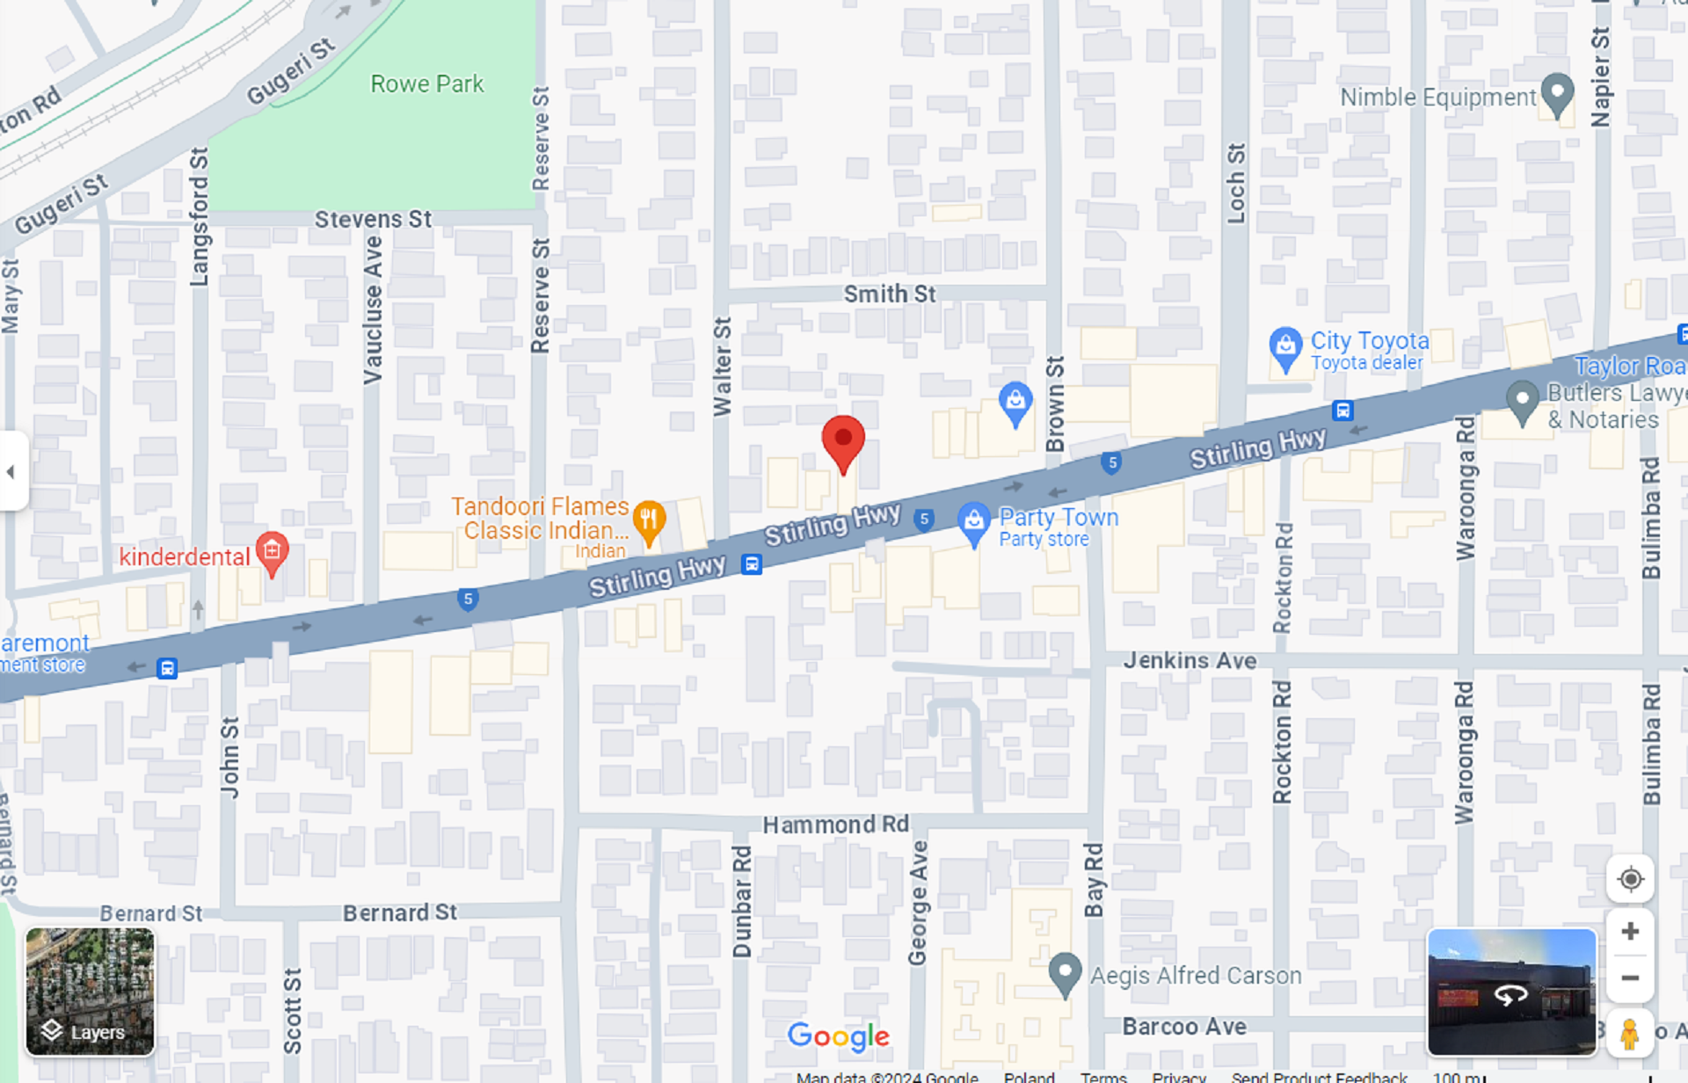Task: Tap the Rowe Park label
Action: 426,84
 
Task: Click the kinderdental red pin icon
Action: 273,552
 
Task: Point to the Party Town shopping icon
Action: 973,521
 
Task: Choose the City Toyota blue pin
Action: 1285,346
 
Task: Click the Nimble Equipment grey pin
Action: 1558,92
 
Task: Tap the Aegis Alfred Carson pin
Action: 1065,972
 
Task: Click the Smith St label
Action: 890,294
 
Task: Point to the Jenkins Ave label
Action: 1190,660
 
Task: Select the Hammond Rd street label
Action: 835,825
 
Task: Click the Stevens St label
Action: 373,219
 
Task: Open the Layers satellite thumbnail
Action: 90,991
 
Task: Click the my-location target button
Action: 1630,879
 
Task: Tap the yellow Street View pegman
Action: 1629,1034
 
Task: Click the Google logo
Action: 838,1036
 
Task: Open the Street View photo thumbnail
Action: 1511,992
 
